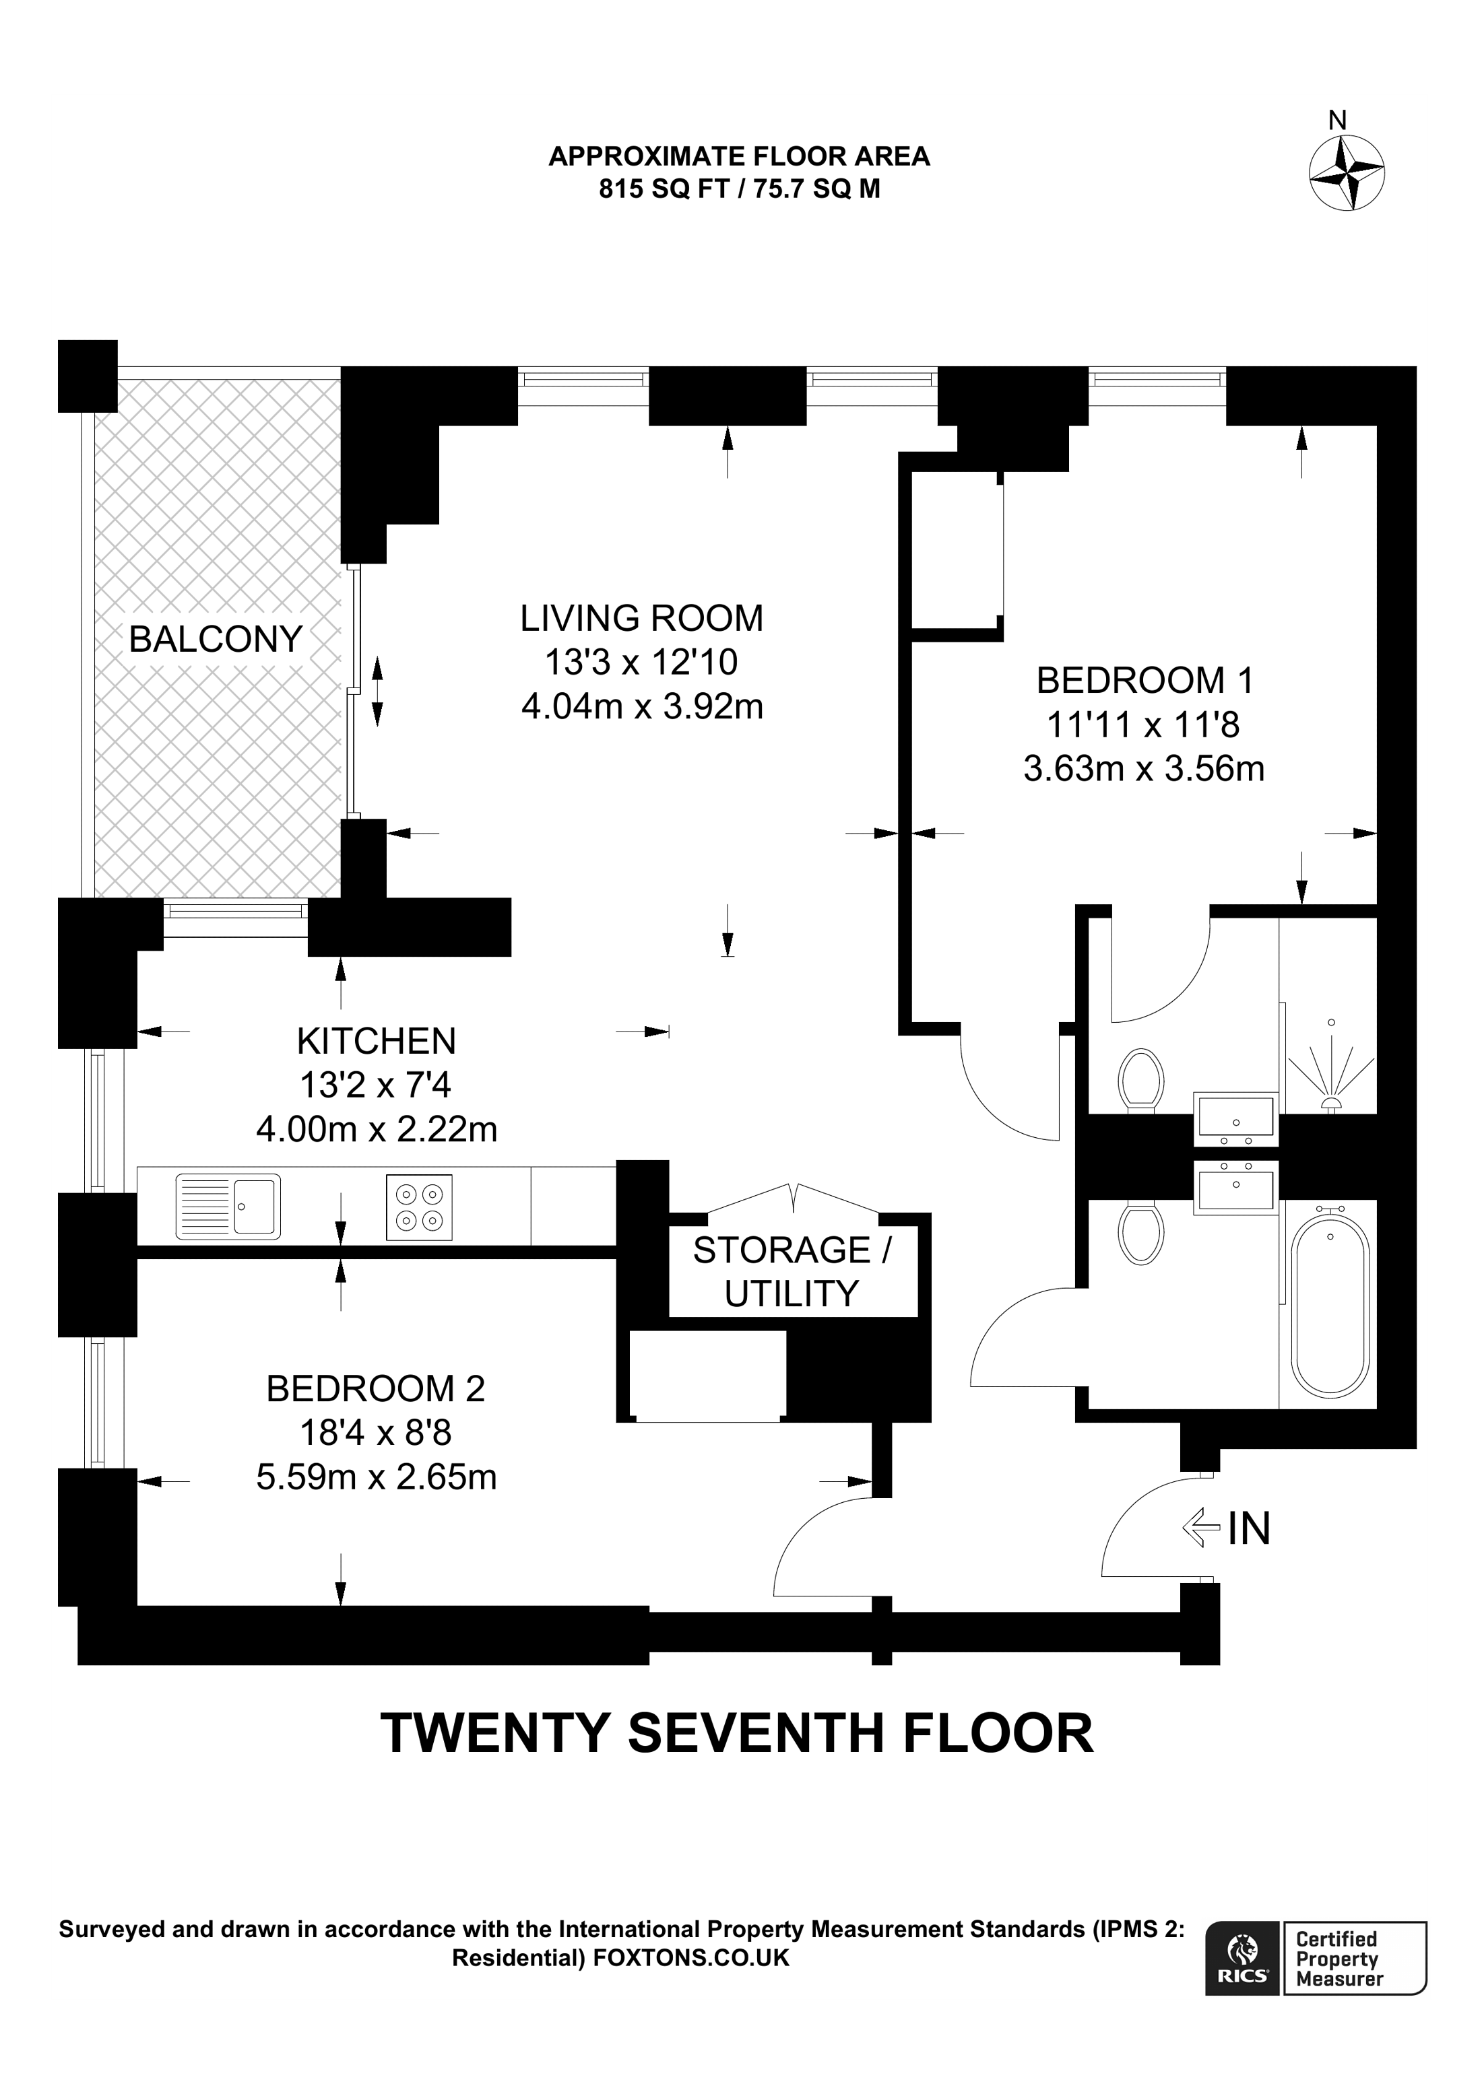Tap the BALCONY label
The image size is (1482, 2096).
(216, 639)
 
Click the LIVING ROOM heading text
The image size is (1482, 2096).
(642, 618)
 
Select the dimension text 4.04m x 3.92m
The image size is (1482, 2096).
(642, 706)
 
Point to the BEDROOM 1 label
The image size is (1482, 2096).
(1145, 680)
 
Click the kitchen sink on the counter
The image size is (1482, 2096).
(228, 1206)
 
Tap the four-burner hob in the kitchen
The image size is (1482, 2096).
(419, 1207)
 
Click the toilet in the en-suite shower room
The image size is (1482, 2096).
(1140, 1080)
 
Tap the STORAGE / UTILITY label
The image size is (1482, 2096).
(792, 1272)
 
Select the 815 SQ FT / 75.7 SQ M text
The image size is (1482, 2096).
(740, 189)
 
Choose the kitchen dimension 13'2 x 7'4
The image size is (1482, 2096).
(376, 1085)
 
